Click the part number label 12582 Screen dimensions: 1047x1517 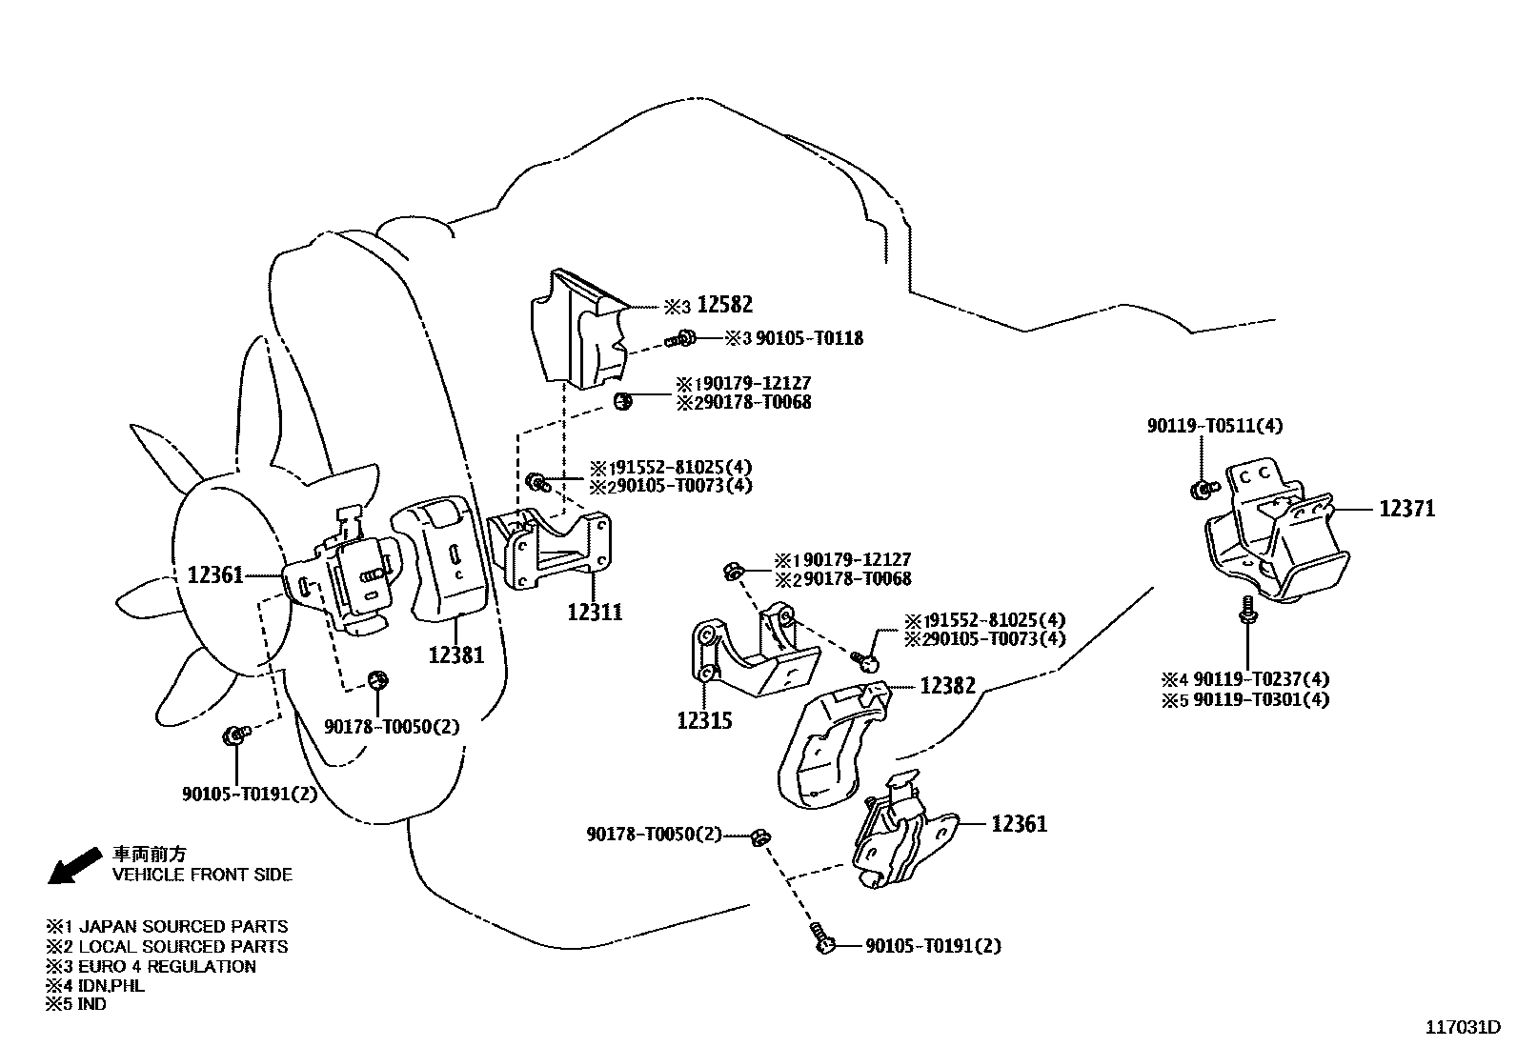point(724,305)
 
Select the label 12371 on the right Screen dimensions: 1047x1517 point(1406,509)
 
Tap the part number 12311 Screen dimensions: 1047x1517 point(595,612)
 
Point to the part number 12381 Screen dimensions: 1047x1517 point(455,655)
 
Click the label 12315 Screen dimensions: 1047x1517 point(704,721)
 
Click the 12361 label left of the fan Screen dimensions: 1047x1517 point(215,575)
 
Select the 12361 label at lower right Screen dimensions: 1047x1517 point(1019,824)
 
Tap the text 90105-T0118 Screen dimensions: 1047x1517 point(809,338)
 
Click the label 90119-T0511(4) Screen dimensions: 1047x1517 point(1214,426)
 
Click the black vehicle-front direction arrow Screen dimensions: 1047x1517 point(74,865)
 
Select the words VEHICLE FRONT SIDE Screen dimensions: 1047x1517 point(202,875)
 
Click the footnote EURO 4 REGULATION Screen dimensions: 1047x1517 point(167,966)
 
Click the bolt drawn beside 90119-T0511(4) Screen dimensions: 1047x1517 point(1203,490)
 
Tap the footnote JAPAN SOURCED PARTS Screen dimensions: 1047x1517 point(183,926)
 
